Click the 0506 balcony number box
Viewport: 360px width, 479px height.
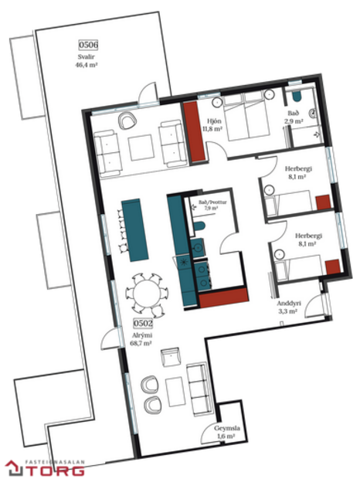click(x=90, y=46)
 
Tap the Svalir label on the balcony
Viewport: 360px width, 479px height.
click(x=86, y=56)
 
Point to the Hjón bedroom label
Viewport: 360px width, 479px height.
click(x=215, y=121)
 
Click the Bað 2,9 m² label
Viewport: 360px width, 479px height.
click(x=293, y=117)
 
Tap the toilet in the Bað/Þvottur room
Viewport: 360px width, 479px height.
click(x=199, y=226)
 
